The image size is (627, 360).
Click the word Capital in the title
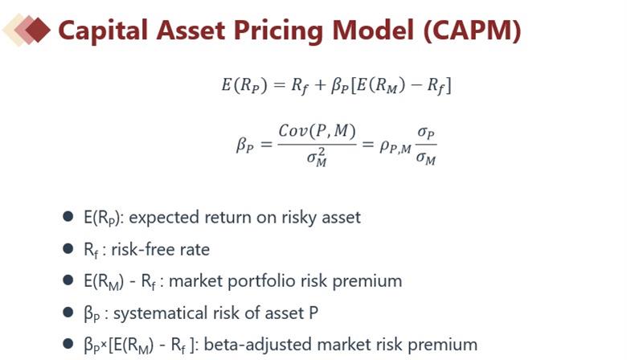103,31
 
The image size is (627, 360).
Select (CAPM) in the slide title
471,31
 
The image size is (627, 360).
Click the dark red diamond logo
38,30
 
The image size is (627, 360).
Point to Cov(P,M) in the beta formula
317,131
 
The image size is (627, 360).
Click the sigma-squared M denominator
317,157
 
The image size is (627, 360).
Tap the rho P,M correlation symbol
395,147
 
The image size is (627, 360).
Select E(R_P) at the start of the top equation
244,85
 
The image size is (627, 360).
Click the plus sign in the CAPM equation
319,85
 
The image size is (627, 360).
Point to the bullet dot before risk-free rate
68,248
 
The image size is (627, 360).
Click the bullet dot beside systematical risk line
68,312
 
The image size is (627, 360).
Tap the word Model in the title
373,31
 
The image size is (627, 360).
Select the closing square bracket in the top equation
449,85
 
